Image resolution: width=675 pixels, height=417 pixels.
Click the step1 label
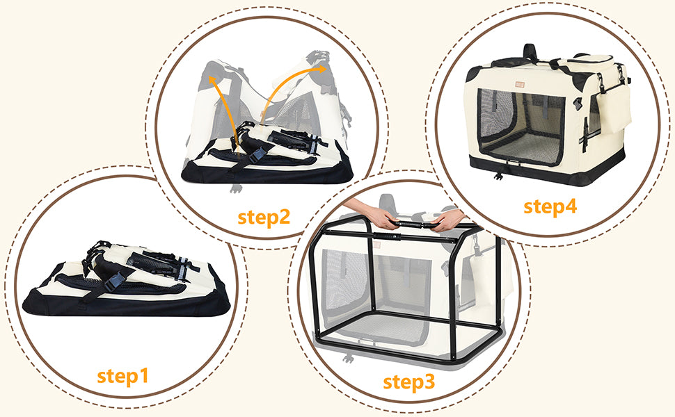(x=122, y=376)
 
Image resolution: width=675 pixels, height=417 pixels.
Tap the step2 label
(x=264, y=217)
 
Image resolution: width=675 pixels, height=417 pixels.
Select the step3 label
(x=408, y=382)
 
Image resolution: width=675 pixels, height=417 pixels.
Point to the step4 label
(x=550, y=206)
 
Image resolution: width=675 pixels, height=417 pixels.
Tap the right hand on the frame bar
(x=447, y=218)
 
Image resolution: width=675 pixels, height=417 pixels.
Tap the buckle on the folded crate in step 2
(x=257, y=155)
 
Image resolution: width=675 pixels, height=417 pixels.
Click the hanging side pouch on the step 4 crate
(x=613, y=108)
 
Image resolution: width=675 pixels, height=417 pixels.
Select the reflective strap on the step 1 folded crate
(x=183, y=270)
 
